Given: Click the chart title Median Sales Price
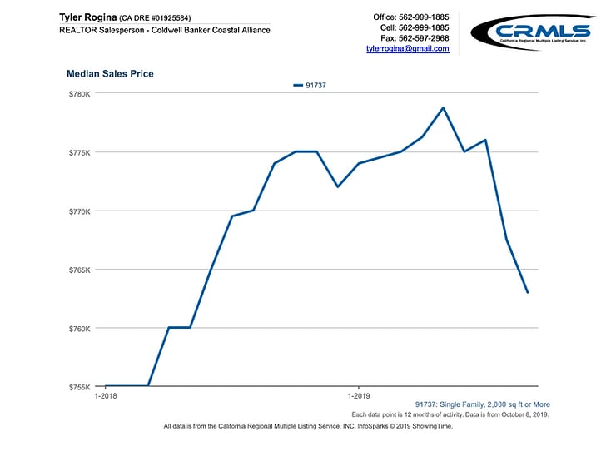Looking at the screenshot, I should coord(110,74).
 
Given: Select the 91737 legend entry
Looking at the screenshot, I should coord(310,85).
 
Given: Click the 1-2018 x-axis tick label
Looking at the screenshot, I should coord(106,397).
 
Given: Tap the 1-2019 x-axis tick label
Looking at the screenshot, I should coord(358,397).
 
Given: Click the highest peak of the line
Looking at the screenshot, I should coord(443,107).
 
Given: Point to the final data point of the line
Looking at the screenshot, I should coord(528,292).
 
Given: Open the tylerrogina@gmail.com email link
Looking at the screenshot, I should coord(407,49).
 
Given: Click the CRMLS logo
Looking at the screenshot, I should coord(533,32).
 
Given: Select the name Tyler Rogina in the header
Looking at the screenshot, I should coord(87,17).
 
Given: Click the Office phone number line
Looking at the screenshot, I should coord(411,17).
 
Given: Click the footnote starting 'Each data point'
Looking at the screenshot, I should coord(450,414).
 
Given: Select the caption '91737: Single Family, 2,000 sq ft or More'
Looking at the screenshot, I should coord(482,404).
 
